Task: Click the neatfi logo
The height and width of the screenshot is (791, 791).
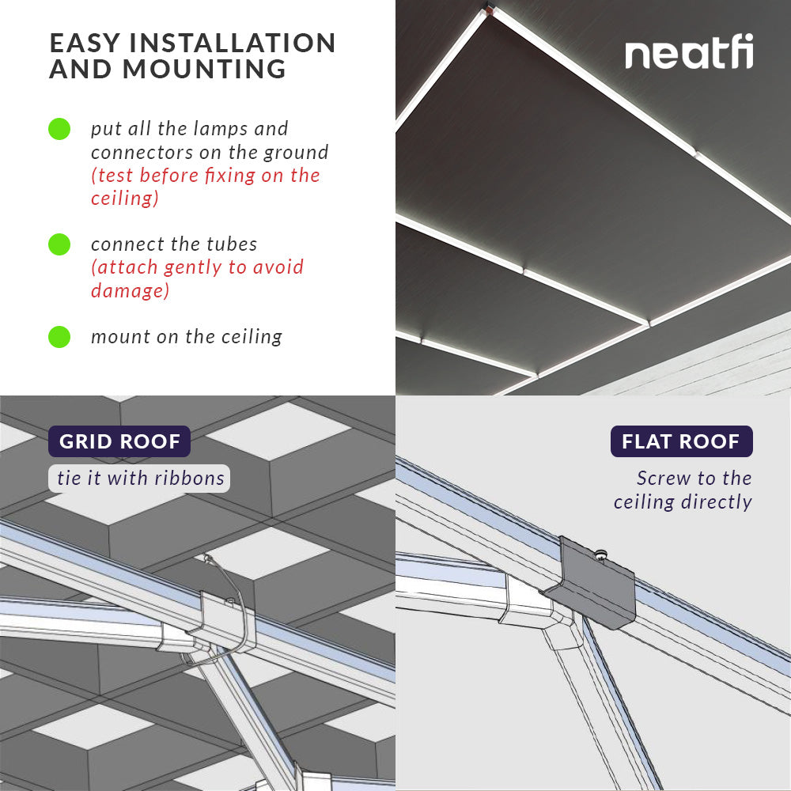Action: (689, 54)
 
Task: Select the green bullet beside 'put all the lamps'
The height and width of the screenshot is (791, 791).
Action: (59, 129)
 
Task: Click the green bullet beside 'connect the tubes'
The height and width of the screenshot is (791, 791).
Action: (59, 244)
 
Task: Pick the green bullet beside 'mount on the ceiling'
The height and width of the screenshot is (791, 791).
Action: (59, 337)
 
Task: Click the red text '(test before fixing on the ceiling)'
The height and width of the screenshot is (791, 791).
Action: (205, 187)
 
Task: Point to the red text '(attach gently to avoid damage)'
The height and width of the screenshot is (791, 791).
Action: (197, 278)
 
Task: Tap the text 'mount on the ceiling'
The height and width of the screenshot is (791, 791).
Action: (187, 337)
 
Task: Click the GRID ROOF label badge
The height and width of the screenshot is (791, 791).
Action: (119, 441)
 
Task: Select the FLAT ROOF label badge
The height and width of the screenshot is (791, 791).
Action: (681, 441)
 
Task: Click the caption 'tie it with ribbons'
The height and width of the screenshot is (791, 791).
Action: (141, 479)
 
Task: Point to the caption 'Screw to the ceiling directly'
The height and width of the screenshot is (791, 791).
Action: (683, 490)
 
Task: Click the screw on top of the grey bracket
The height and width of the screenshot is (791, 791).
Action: (602, 555)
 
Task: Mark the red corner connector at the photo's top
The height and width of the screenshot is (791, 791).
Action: (490, 10)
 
